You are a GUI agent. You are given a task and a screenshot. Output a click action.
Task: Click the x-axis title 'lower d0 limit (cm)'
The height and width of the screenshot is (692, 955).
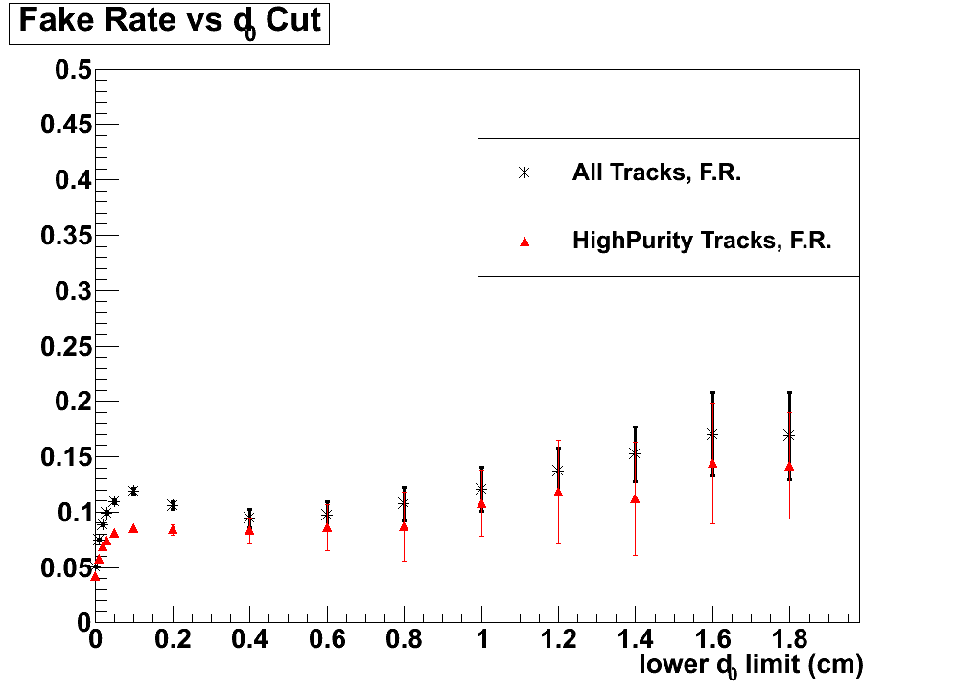click(751, 665)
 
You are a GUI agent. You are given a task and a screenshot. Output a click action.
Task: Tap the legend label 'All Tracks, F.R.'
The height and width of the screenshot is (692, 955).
click(656, 173)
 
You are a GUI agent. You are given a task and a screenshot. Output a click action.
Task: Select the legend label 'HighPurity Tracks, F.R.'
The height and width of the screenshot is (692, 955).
click(702, 241)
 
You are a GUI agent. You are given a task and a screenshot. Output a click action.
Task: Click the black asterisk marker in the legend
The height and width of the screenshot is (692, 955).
click(524, 173)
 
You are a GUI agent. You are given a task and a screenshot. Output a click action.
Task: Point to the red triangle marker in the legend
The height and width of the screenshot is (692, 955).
click(524, 242)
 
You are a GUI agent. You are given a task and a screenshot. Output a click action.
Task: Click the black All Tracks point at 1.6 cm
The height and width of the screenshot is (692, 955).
click(712, 434)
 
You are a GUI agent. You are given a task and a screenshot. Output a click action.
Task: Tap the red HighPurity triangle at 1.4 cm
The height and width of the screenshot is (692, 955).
click(635, 498)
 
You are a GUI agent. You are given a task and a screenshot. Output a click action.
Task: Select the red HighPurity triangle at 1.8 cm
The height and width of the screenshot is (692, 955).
click(789, 468)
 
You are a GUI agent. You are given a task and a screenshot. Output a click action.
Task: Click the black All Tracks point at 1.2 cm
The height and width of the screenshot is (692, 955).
click(558, 471)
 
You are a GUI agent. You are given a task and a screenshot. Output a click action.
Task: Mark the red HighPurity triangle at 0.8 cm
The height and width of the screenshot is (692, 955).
click(404, 526)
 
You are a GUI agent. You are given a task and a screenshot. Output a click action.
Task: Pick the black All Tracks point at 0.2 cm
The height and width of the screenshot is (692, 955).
click(173, 505)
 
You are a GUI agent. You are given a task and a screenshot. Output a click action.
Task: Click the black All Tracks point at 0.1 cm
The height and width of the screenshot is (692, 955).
click(133, 491)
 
